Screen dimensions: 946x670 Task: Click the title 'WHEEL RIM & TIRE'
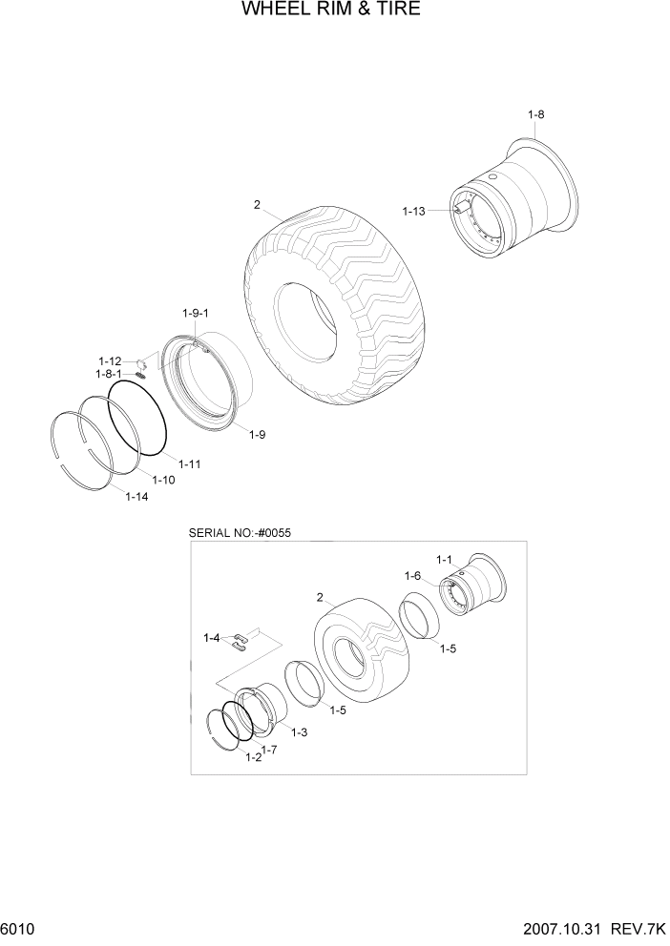click(x=331, y=10)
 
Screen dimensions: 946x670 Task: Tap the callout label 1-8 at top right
click(x=535, y=115)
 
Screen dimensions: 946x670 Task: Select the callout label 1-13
click(x=413, y=211)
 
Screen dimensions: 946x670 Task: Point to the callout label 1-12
click(x=110, y=360)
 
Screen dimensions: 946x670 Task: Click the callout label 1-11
click(x=187, y=463)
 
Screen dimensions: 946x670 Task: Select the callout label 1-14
click(x=136, y=496)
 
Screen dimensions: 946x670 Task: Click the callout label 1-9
click(x=257, y=435)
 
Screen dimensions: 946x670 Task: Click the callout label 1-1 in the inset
click(x=445, y=559)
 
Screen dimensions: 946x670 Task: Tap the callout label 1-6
click(x=412, y=575)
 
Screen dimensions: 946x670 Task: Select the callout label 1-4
click(x=211, y=637)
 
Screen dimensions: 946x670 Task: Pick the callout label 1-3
click(x=299, y=731)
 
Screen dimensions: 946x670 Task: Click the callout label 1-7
click(x=270, y=751)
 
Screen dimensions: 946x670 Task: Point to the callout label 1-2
click(x=253, y=757)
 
